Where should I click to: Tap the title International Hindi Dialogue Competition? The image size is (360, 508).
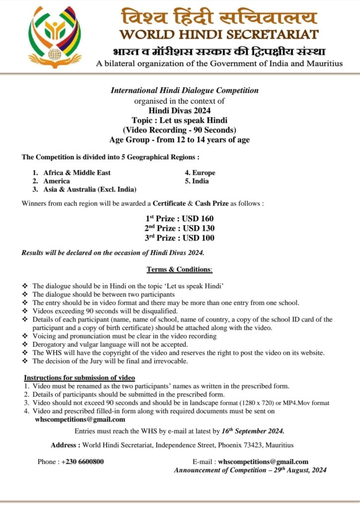(184, 90)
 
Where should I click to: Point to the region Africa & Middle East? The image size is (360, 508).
(77, 173)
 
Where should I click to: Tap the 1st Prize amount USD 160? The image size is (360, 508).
(198, 218)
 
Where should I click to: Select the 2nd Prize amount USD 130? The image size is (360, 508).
(198, 228)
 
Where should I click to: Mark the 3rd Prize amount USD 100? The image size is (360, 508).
(198, 238)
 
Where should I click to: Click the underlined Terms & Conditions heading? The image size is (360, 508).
(179, 269)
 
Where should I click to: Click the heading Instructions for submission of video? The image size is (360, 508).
(80, 378)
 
